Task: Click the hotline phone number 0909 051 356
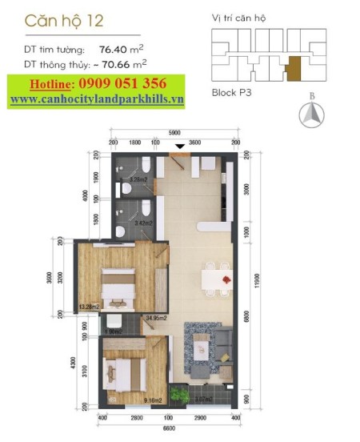tap(122, 83)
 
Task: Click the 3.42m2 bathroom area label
tap(145, 223)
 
